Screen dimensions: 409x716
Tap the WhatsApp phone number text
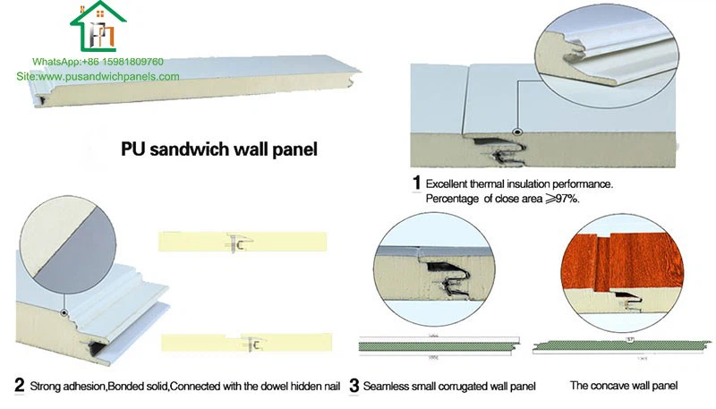[98, 62]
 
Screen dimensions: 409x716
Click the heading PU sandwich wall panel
[219, 147]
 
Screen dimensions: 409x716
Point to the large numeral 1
[416, 183]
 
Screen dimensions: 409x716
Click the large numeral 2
[20, 387]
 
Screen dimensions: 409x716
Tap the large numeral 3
[354, 387]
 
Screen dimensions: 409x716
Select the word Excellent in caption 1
[448, 183]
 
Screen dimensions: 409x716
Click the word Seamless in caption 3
[390, 387]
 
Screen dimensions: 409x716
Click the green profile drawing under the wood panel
[614, 344]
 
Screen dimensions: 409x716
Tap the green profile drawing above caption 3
[434, 344]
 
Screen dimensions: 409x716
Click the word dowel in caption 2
[255, 387]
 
